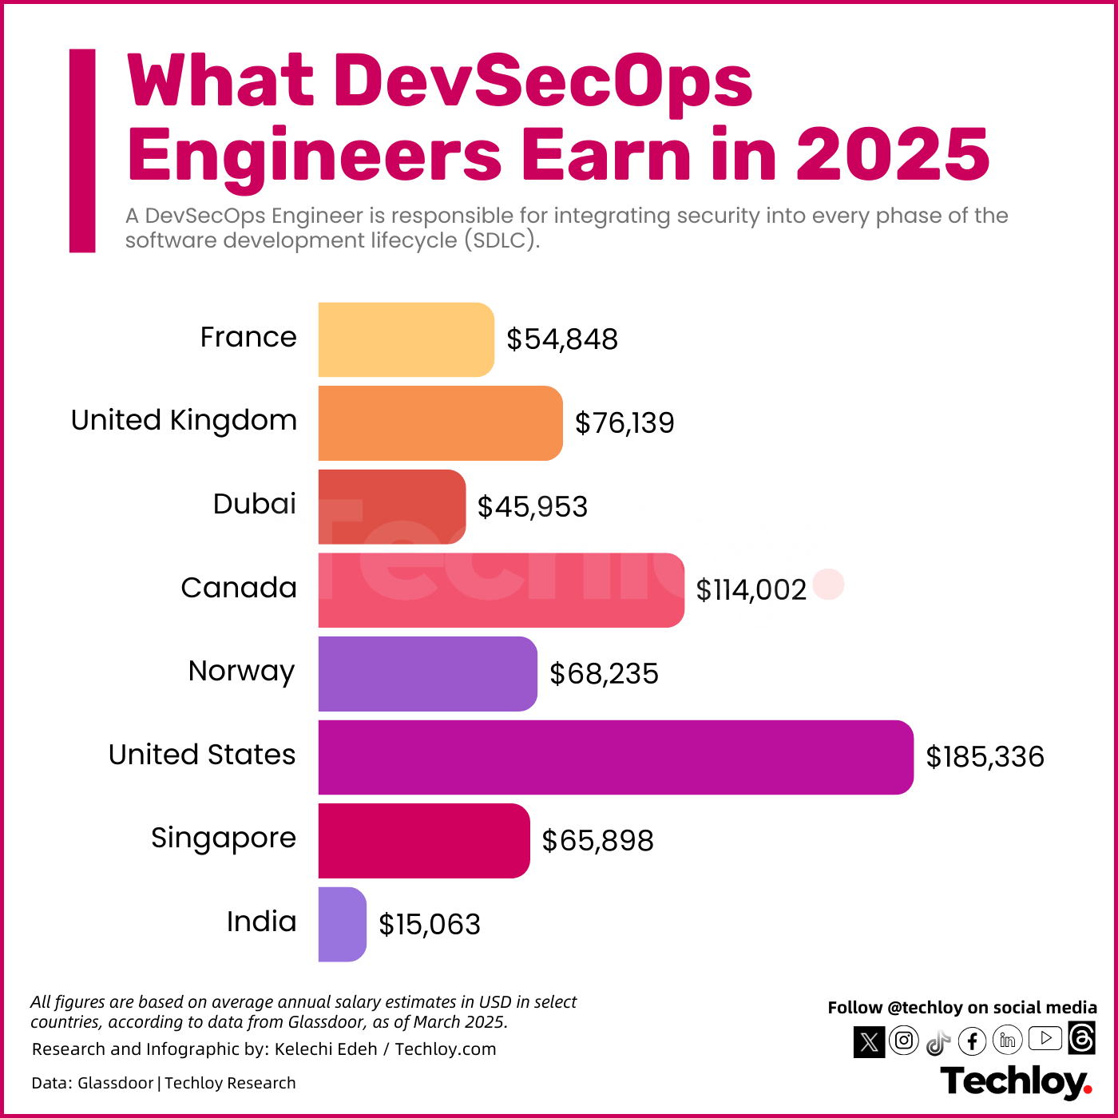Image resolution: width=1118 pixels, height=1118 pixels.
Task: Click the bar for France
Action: click(406, 339)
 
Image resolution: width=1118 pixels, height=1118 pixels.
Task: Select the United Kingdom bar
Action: click(440, 423)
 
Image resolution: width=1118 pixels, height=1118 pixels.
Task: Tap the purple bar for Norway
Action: click(427, 674)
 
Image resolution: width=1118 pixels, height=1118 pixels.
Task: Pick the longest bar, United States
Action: click(615, 757)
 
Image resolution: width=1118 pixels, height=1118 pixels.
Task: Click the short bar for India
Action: click(342, 925)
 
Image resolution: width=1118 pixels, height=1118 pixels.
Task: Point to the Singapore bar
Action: click(423, 841)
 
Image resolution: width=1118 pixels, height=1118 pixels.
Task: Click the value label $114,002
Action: click(751, 590)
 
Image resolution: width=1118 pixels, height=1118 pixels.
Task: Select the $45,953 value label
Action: click(532, 507)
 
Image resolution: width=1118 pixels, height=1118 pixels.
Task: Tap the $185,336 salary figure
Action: click(984, 757)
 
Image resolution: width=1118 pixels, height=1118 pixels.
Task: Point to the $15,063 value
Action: click(429, 925)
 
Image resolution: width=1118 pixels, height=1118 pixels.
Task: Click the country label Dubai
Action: click(254, 504)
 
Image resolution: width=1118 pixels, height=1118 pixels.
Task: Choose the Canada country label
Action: click(239, 588)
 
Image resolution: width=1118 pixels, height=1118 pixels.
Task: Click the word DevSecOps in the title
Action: click(543, 81)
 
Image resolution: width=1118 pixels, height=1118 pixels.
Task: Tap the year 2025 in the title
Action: click(893, 154)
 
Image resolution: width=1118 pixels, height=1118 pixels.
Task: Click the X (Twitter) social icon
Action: click(869, 1042)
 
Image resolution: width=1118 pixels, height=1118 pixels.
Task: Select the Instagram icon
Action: click(904, 1041)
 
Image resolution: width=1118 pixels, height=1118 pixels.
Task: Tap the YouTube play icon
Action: click(1045, 1038)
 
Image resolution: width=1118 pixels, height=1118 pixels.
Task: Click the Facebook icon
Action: click(972, 1041)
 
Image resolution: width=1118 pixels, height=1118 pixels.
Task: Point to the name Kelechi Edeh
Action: click(325, 1049)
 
